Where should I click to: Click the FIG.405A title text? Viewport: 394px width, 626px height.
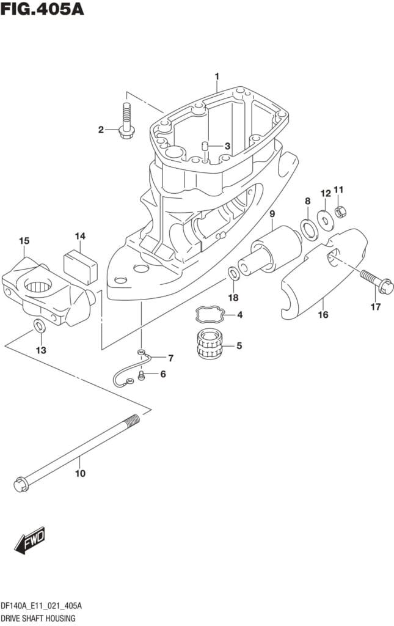(x=42, y=9)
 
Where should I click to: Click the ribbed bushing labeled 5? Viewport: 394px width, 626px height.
(x=210, y=344)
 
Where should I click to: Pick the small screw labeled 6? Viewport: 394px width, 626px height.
(x=140, y=375)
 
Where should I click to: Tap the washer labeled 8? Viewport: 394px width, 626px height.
(x=309, y=230)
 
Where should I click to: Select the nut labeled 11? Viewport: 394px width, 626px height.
(x=340, y=211)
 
